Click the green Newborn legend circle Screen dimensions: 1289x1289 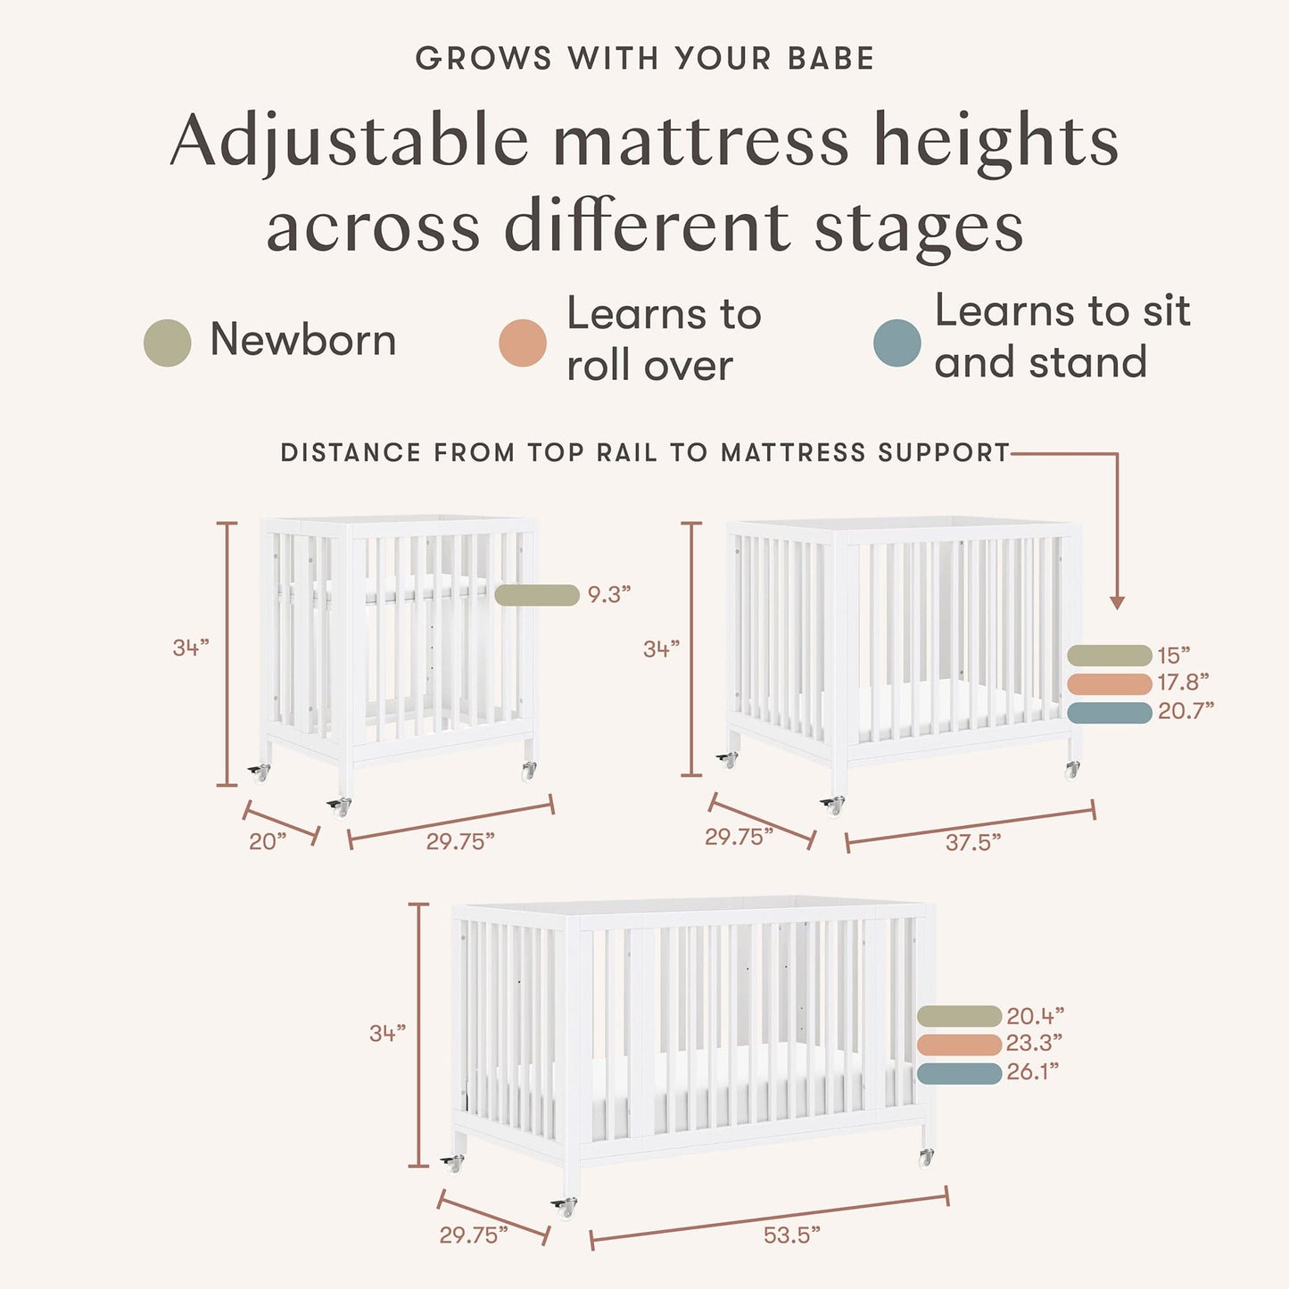tap(167, 343)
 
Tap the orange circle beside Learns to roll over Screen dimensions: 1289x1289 tap(523, 343)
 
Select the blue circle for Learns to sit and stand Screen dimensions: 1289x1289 tap(897, 343)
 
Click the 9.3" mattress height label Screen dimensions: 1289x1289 tap(608, 594)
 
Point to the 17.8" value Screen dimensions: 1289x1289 tap(1184, 682)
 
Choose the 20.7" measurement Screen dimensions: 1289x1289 tap(1186, 710)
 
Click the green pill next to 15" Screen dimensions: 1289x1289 tap(1109, 656)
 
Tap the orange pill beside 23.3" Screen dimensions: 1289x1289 tap(959, 1045)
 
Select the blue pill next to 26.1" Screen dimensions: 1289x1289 tap(959, 1073)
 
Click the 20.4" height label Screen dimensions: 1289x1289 tap(1035, 1016)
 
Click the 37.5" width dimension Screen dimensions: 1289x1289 tap(972, 841)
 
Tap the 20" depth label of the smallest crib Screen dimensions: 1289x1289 tap(268, 841)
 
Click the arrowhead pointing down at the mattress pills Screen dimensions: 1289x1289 tap(1117, 603)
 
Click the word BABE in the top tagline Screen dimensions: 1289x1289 tap(830, 59)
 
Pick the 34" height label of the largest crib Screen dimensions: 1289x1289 tap(388, 1033)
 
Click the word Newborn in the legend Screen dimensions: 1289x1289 tap(303, 340)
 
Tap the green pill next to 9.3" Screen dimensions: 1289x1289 tap(536, 595)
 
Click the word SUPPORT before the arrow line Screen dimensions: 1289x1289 tap(943, 453)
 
